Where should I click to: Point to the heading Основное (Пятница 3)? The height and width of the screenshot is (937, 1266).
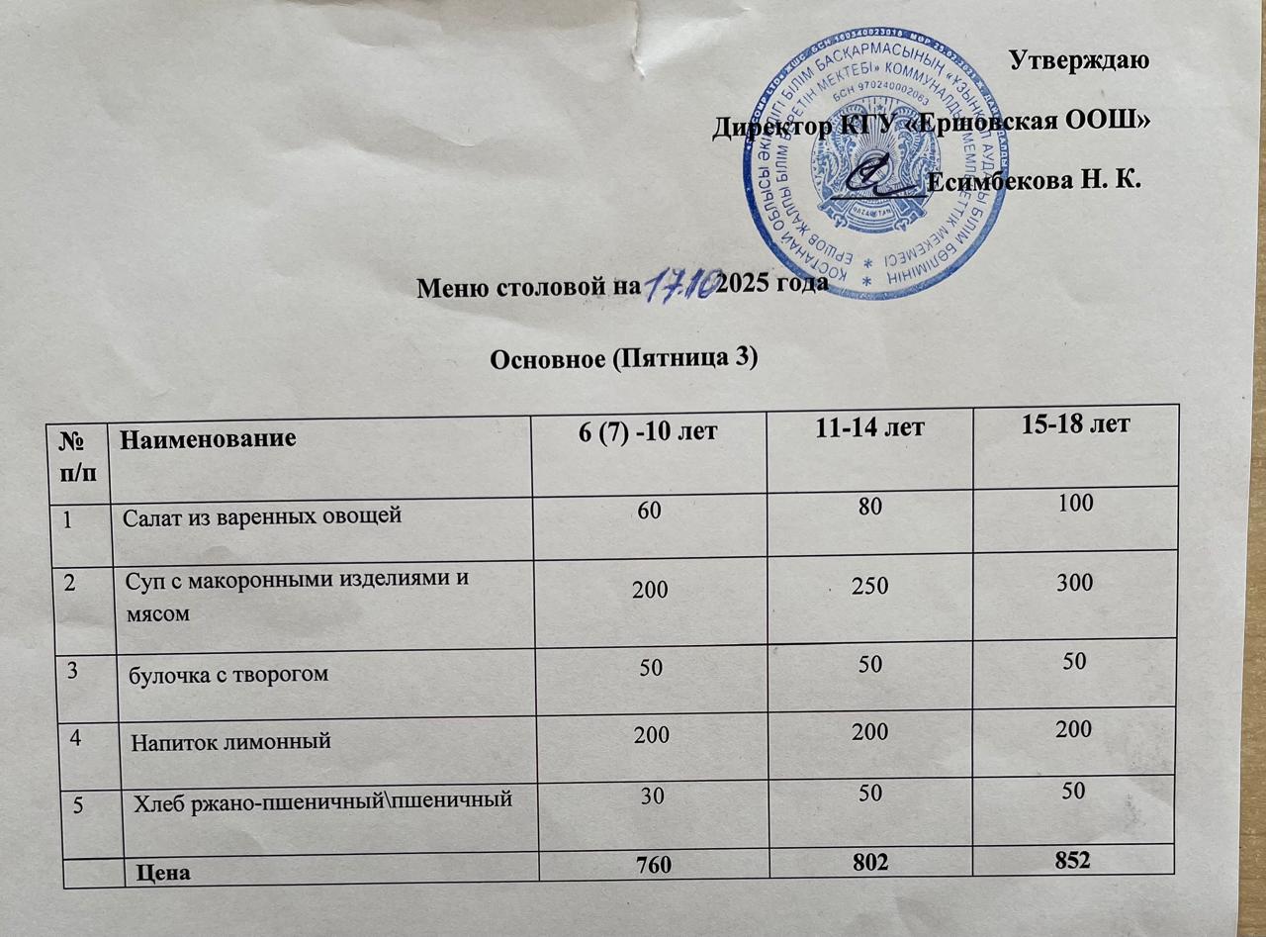pos(624,359)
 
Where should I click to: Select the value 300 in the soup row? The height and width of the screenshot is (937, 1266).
pos(1073,583)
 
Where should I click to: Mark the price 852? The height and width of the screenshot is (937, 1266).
pos(1071,860)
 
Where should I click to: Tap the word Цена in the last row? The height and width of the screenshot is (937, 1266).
pos(163,873)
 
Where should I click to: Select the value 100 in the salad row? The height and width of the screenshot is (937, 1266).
pos(1074,504)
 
